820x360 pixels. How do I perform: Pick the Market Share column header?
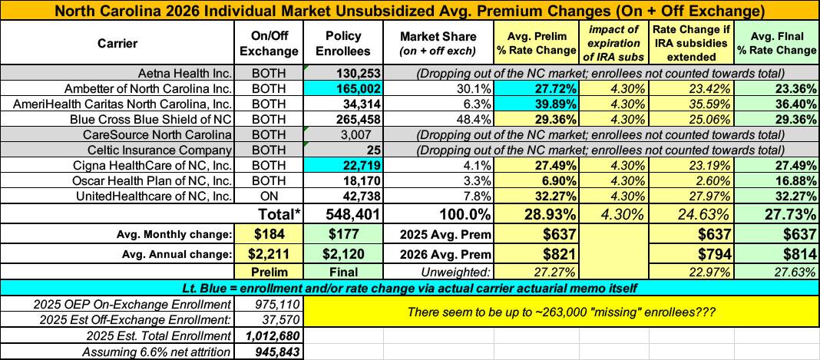pyautogui.click(x=438, y=43)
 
